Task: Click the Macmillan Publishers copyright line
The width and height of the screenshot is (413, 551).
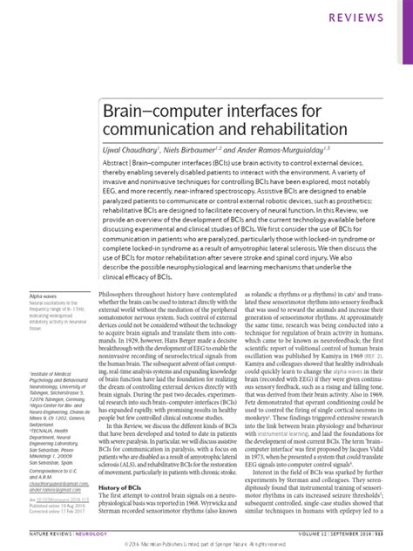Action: tap(206, 542)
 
